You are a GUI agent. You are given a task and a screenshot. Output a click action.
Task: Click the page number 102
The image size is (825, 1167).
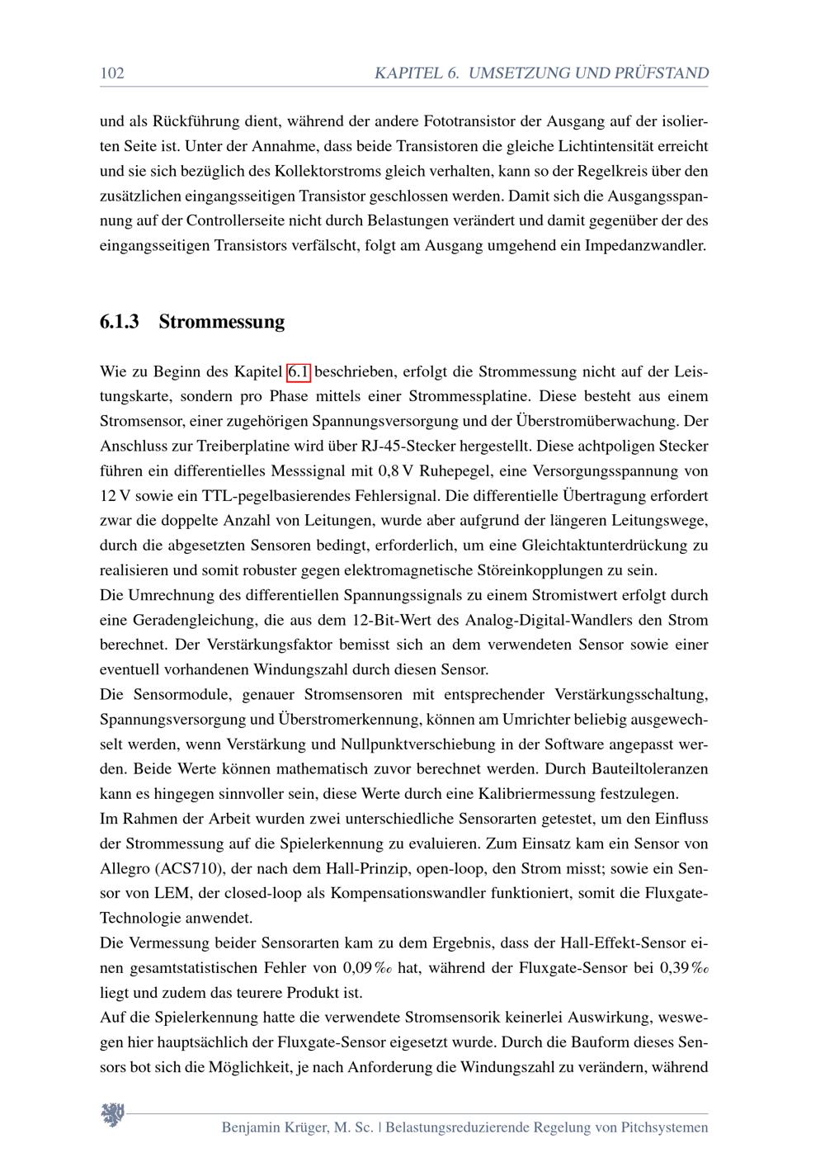pos(111,73)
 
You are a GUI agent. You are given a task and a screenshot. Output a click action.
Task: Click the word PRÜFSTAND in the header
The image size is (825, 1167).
pos(661,73)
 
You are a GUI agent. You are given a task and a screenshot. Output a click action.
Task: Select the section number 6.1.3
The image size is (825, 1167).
pos(119,322)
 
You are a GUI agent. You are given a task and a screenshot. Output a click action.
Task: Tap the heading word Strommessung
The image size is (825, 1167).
pos(221,322)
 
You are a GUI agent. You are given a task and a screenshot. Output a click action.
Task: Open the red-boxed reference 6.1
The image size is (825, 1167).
pos(299,372)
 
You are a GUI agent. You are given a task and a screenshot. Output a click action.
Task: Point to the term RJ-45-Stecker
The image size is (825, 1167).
pos(405,446)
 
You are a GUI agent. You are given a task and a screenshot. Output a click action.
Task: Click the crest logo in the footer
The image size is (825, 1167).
pos(112,1115)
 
